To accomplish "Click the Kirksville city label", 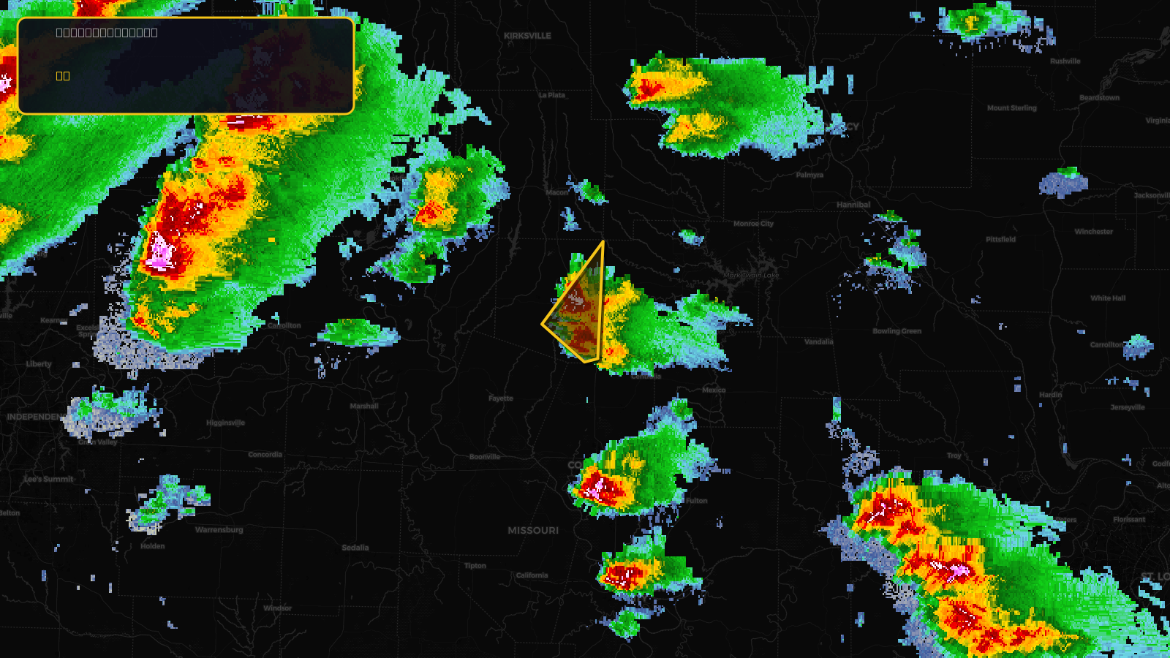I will tap(527, 36).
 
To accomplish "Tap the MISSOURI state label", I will tap(533, 531).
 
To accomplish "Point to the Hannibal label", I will tap(853, 205).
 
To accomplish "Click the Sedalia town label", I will tap(355, 548).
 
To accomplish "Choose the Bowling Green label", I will tap(897, 331).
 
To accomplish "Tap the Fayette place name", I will tap(501, 398).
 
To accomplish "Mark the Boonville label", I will tap(485, 457).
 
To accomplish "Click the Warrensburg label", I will tap(219, 530).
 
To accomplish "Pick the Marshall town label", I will tap(364, 406).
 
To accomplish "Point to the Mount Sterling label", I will tap(1011, 108).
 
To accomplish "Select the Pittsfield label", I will tap(1000, 240).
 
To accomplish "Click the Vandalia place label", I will tap(818, 341).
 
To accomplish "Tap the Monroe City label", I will tap(753, 224).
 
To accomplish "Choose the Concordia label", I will tap(265, 455).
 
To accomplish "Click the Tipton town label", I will tap(475, 566).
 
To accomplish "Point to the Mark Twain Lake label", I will tap(752, 276).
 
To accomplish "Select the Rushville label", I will tap(1065, 61).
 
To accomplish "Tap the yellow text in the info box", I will tap(63, 76).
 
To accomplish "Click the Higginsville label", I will tap(225, 423).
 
